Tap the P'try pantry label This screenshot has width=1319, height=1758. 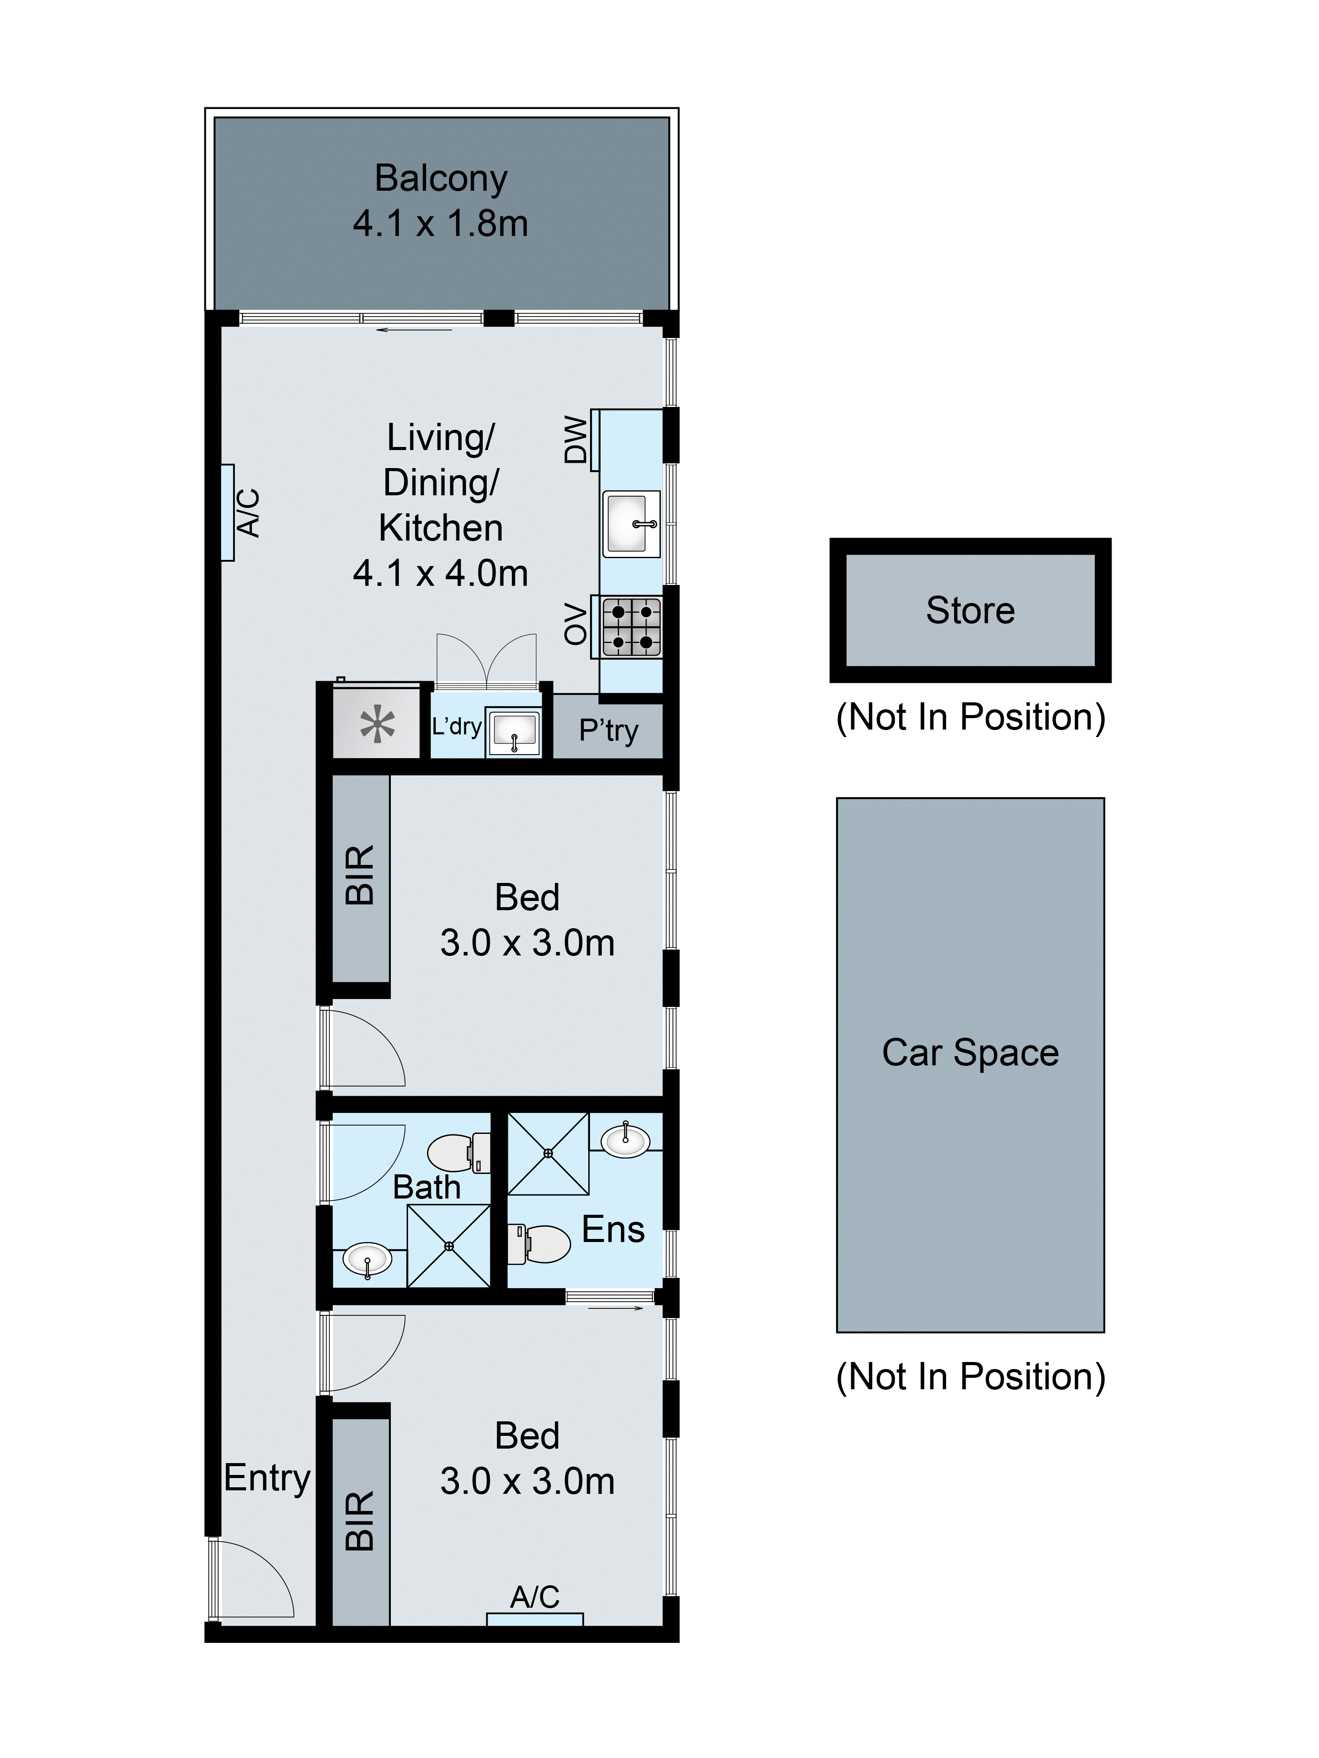point(608,730)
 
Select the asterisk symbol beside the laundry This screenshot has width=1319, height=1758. point(378,725)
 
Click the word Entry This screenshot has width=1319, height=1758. point(266,1478)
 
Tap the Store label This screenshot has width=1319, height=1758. point(970,610)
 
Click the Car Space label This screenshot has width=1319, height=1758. point(970,1053)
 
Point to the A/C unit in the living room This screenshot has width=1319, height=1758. point(228,512)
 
